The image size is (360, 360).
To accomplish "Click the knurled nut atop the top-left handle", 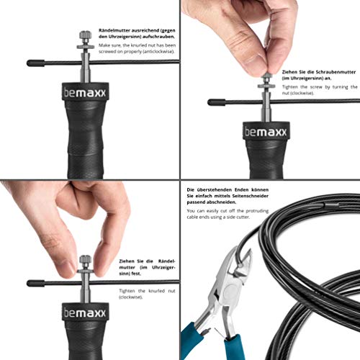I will (86, 35).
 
